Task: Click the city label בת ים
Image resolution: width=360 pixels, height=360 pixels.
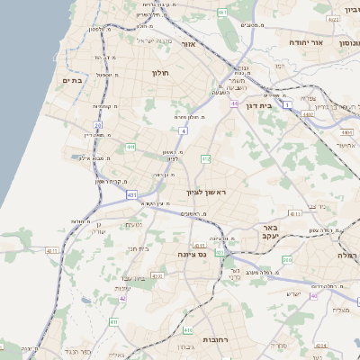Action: coord(71,80)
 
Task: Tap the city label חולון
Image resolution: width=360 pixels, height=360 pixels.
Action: coord(161,72)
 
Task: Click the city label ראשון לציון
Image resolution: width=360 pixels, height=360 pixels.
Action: coord(203,193)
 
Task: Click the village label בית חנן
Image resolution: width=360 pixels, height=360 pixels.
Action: coord(137,247)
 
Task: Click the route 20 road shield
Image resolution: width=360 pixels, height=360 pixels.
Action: coord(98,124)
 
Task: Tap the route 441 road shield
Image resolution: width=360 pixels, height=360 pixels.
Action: coord(130,147)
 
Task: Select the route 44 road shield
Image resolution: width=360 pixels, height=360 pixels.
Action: coord(233,104)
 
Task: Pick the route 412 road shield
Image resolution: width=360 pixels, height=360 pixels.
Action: coord(206,159)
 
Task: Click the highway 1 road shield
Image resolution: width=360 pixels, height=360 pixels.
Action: coord(287,105)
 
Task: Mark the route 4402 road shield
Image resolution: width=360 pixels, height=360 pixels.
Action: coord(309,114)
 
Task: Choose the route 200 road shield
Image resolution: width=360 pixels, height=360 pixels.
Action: coord(287,259)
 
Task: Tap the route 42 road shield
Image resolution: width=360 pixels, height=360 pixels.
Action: coord(122,298)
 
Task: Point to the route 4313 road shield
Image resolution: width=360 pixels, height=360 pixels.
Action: coord(294,214)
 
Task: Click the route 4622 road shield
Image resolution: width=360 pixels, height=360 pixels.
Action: coord(333,18)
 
